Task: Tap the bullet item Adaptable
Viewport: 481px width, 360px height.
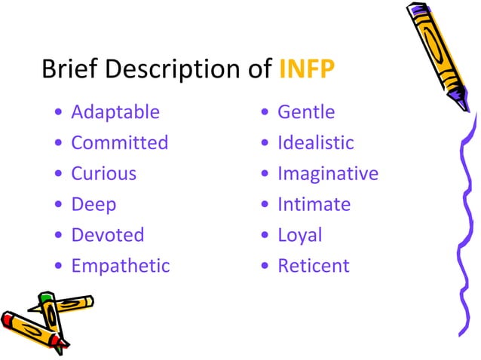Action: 115,112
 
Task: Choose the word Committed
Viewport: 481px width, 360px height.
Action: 119,142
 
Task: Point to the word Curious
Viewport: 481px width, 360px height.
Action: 103,173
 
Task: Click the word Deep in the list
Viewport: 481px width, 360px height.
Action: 93,204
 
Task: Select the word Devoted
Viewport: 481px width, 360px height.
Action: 107,234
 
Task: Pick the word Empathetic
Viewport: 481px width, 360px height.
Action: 120,265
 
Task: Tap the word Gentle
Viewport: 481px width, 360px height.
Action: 306,112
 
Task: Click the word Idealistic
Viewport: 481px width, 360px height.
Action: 315,142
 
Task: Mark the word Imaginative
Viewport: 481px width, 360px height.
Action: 327,173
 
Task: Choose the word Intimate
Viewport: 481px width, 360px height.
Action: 314,204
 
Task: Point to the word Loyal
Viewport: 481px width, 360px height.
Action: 299,234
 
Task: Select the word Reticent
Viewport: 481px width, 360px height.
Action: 313,265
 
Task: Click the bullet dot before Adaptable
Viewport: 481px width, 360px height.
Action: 59,114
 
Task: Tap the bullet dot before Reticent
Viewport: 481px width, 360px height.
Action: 265,267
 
